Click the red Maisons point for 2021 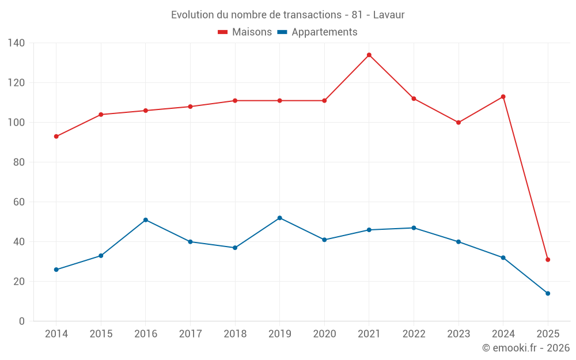[369, 55]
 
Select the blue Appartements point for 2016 [146, 220]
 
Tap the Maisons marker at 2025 [548, 260]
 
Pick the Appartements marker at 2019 [280, 218]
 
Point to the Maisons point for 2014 [56, 137]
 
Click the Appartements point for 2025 [548, 294]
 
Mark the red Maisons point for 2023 [458, 123]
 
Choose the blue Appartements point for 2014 [56, 270]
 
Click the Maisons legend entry [245, 32]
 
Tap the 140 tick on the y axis [17, 43]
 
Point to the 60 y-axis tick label [19, 202]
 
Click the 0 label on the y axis [22, 321]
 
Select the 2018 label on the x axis [235, 334]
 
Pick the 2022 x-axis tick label [414, 334]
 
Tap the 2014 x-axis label [56, 334]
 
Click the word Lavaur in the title [389, 15]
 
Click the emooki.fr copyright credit [526, 348]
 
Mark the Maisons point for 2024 [503, 97]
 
